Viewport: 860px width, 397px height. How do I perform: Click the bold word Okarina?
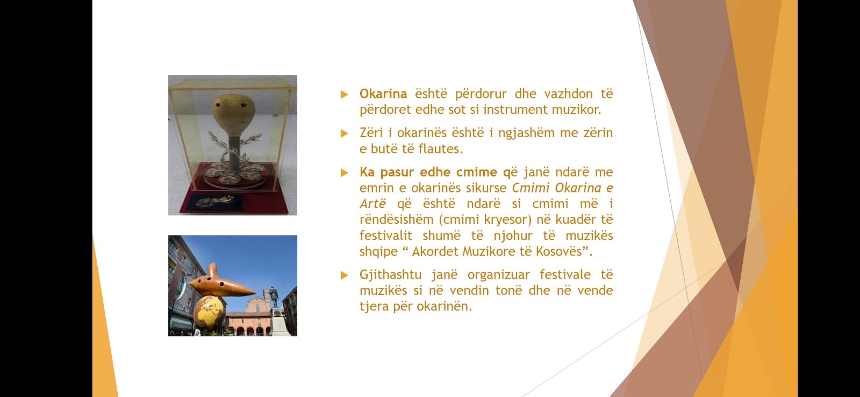383,94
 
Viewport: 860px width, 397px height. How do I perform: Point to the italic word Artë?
372,204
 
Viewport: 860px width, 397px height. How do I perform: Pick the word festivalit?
385,235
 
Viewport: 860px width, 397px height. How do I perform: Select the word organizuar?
498,275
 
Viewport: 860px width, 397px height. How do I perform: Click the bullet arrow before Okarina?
344,94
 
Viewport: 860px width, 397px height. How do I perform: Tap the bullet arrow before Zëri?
344,133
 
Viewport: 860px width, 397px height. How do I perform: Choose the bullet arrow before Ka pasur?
344,173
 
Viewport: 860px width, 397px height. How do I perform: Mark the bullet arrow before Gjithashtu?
344,275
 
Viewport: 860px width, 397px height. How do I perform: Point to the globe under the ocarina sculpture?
209,313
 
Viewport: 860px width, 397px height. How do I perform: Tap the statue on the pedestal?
274,297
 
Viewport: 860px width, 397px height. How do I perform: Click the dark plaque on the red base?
214,202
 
